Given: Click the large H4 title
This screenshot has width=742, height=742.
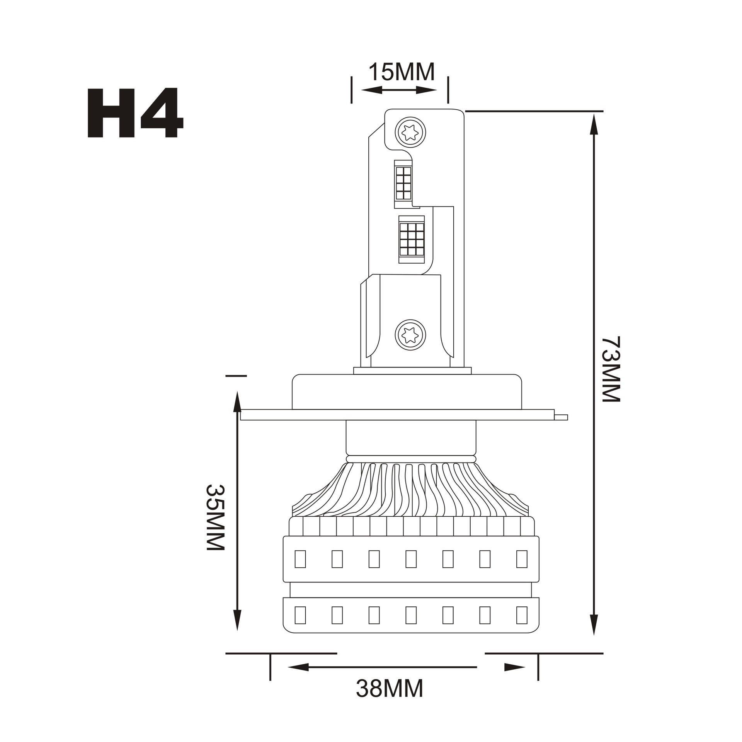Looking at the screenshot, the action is point(135,112).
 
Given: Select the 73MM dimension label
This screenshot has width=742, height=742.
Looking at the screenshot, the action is point(611,369).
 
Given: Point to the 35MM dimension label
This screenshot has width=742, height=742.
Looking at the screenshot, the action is point(215,517).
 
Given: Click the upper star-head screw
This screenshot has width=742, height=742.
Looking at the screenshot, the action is point(410,132).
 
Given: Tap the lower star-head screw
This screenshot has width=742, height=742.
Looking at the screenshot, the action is point(410,335).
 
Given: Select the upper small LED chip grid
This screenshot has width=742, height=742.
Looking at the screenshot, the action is point(403,183).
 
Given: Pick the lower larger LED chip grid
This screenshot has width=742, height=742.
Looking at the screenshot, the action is point(412,239).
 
